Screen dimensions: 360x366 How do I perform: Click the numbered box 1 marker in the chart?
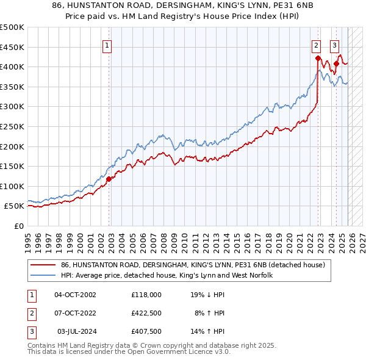click(x=107, y=45)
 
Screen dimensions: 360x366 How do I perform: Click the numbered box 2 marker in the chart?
click(x=317, y=45)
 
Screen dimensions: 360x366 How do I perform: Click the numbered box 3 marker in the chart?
click(x=335, y=45)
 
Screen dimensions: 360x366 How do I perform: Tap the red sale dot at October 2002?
click(x=109, y=179)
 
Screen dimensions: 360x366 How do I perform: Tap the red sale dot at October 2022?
click(x=318, y=58)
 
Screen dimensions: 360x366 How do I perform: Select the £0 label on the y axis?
click(x=20, y=226)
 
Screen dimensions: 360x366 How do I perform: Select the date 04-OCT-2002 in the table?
click(x=76, y=295)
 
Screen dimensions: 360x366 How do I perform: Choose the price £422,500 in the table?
click(x=146, y=313)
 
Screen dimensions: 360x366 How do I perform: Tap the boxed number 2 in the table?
click(x=31, y=313)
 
